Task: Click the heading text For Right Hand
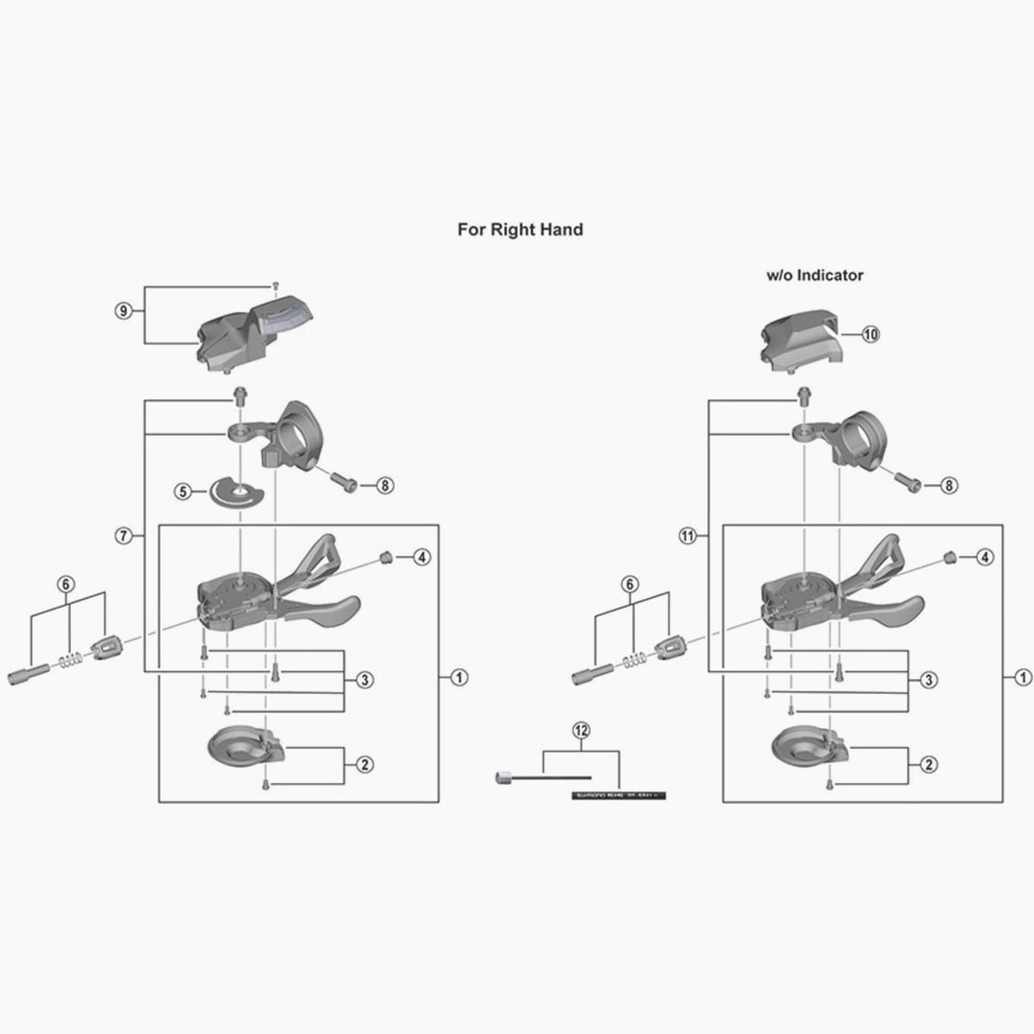point(520,229)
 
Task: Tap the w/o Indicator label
point(814,276)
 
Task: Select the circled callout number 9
point(123,312)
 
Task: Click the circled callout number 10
point(869,334)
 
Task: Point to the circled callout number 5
point(183,491)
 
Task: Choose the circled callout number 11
point(687,536)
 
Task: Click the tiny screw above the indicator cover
point(275,284)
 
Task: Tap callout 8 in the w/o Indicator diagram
point(949,486)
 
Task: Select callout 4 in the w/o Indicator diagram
point(985,557)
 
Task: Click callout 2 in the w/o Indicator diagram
point(928,764)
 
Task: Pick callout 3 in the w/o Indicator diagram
point(928,681)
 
